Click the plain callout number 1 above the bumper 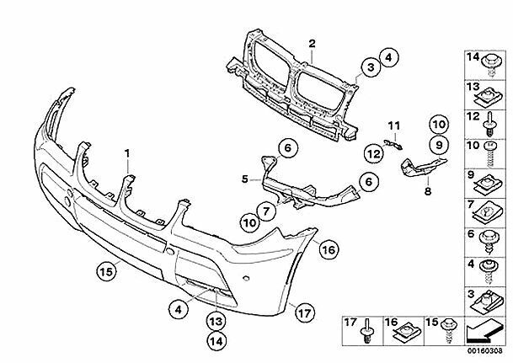128,154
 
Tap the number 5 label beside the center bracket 243,179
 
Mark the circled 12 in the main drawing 371,152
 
